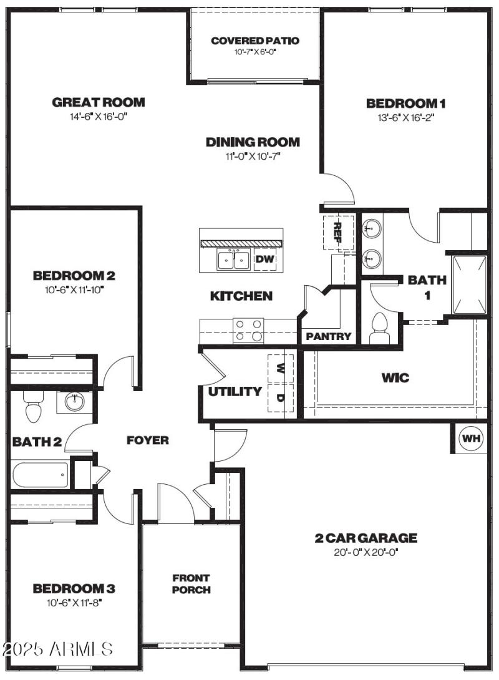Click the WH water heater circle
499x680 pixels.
(x=472, y=439)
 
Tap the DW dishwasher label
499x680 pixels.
(x=265, y=258)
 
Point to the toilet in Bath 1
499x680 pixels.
(x=379, y=327)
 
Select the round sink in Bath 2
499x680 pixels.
(x=75, y=402)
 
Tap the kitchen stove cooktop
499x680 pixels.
(x=248, y=331)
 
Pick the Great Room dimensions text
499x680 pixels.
(x=98, y=117)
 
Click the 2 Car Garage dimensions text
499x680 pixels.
(x=366, y=552)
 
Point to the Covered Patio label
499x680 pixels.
(x=255, y=41)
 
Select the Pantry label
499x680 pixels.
(x=329, y=337)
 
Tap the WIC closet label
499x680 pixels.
(x=395, y=378)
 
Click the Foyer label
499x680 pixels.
(x=148, y=440)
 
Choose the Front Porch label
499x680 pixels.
(x=191, y=584)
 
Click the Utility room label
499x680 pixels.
(x=235, y=392)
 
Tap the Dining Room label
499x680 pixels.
(x=253, y=142)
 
